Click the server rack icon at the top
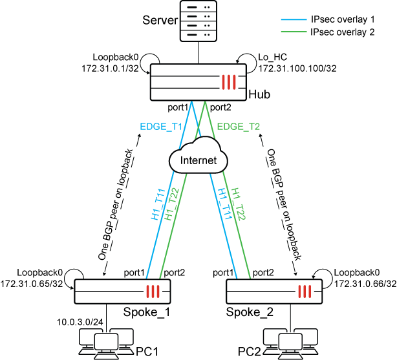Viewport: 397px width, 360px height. click(198, 21)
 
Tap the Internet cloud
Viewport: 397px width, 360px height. click(198, 158)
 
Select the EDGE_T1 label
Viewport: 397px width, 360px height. click(161, 127)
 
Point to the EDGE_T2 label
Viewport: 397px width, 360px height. click(239, 127)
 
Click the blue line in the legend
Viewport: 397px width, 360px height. click(294, 20)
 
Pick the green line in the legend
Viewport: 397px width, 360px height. click(294, 31)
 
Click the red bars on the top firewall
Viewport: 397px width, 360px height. click(230, 82)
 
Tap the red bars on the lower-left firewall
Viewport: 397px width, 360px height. click(153, 291)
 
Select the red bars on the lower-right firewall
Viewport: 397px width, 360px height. click(305, 291)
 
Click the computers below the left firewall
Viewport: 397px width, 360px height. click(106, 342)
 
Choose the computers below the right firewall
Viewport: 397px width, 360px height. click(290, 342)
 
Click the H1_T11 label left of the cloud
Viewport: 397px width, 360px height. click(158, 205)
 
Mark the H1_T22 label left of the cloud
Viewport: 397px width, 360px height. click(172, 205)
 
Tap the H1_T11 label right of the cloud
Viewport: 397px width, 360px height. click(224, 205)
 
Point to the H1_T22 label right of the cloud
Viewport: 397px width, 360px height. click(239, 205)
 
